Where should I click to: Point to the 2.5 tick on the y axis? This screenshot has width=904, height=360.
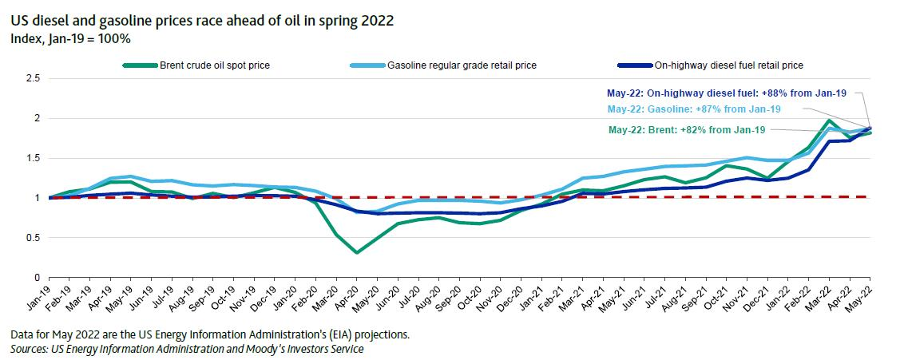coord(34,78)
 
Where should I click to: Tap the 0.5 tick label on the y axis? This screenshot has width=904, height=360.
coord(34,238)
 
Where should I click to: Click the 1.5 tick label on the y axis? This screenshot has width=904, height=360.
coord(34,158)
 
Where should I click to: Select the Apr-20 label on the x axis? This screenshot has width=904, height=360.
coord(344,300)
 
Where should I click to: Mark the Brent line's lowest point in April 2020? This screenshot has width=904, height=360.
coord(357,252)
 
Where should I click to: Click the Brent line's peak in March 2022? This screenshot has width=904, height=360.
coord(829,121)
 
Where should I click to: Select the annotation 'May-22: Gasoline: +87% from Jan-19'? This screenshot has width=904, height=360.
coord(694,109)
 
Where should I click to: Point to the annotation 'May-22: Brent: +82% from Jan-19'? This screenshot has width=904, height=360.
coord(688,129)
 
